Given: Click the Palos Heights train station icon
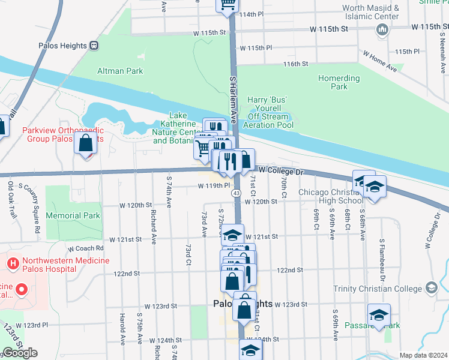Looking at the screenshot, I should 94,45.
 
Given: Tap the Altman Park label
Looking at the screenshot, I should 120,71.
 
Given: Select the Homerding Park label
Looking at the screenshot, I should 339,82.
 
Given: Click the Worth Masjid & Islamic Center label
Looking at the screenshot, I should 370,12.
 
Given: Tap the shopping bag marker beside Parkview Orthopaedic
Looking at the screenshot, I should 86,143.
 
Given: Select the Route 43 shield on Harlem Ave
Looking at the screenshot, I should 237,193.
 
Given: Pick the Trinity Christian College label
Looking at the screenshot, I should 378,289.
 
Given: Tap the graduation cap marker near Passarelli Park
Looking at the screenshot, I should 379,314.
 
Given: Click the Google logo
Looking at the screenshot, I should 20,353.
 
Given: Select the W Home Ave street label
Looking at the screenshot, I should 379,61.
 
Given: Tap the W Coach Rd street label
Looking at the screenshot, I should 86,248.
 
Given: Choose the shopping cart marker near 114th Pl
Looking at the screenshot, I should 228,5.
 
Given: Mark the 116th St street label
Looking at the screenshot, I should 296,64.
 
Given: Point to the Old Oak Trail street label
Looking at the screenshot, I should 11,196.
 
